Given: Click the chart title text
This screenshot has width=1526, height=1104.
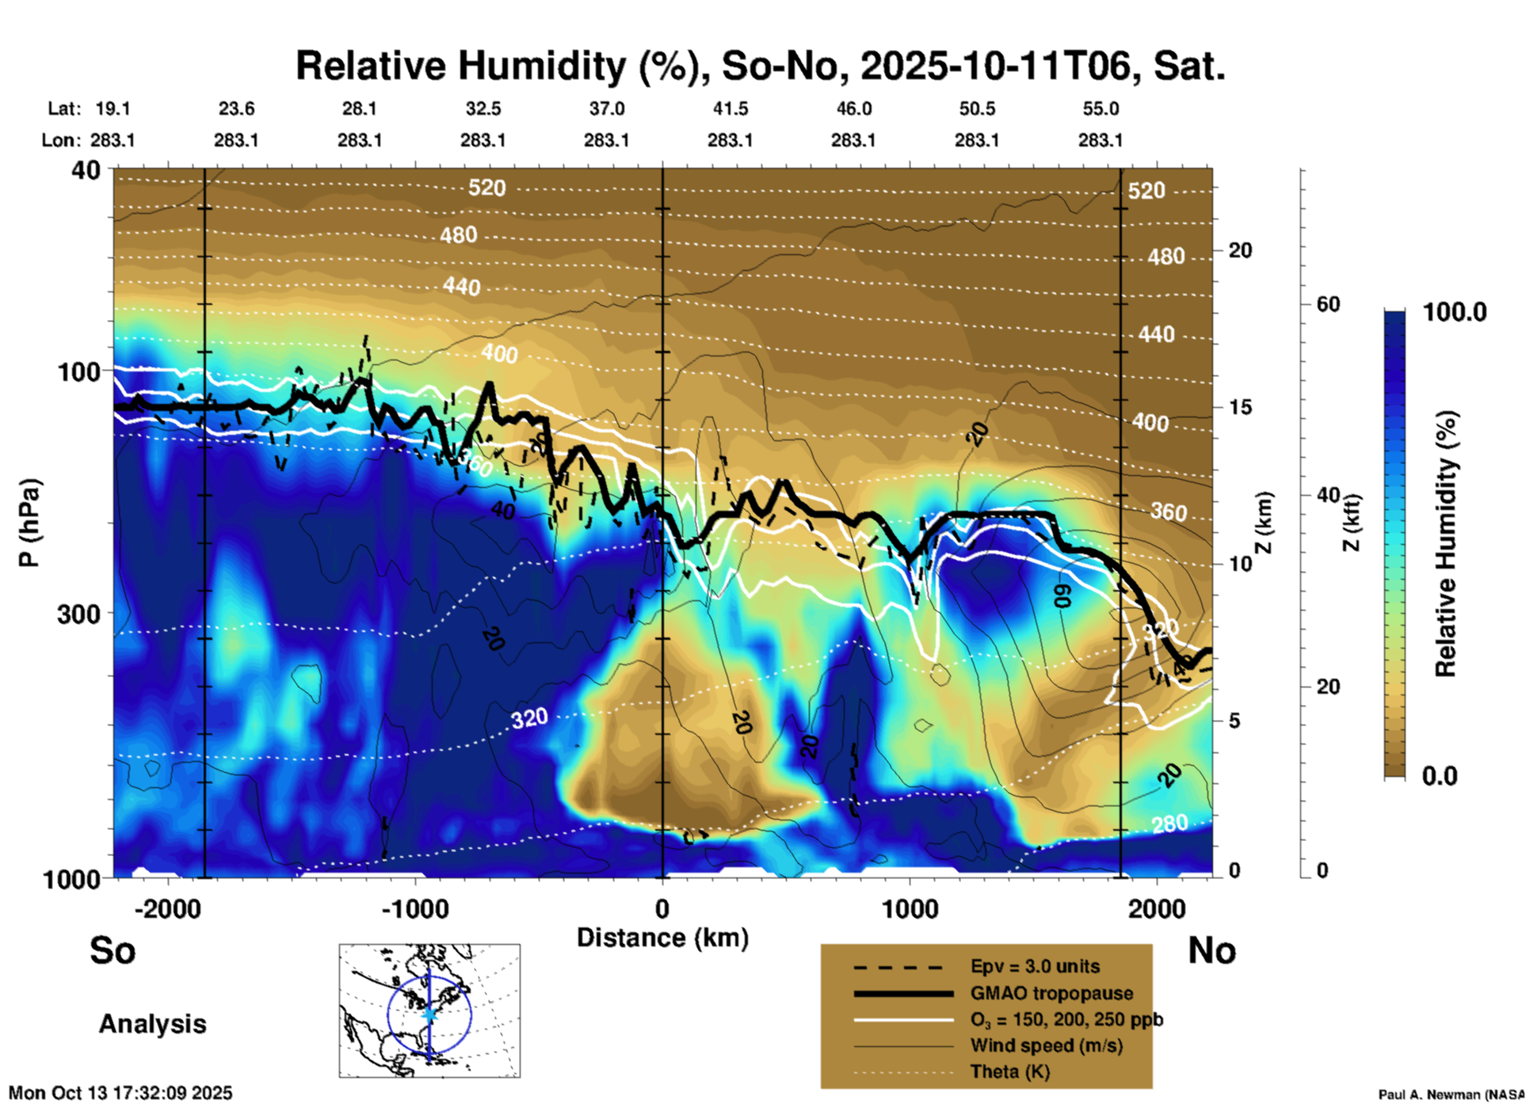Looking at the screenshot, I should pos(761,66).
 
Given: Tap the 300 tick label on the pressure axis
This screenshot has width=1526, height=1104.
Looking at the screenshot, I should pos(78,614).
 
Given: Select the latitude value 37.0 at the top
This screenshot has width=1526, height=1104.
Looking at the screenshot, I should pos(606,108).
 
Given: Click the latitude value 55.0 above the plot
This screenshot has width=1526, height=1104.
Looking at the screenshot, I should pos(1101,108).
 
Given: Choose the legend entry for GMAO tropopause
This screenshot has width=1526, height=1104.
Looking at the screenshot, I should pos(1051,993).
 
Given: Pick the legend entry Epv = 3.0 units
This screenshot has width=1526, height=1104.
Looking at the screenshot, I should pos(1035,966).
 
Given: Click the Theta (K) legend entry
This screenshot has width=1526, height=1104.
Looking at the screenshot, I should pos(1009,1072).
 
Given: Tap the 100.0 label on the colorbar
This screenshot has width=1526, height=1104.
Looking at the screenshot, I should pos(1455,312).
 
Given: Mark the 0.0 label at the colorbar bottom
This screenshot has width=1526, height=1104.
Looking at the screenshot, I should pos(1440,775).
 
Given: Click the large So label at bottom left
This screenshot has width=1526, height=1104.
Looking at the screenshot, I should pos(113,950).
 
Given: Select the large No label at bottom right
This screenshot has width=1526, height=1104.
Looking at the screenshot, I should pos(1211,950).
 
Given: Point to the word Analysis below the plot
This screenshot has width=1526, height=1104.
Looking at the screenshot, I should pos(152,1024).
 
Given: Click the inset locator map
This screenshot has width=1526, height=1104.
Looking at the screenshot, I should pos(429,1011).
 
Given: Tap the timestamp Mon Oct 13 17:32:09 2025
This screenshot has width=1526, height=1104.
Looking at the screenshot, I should pos(120,1093).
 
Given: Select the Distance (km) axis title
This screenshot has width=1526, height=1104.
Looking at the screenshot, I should pos(662,938).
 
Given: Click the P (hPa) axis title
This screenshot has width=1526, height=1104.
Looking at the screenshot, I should pos(29,523).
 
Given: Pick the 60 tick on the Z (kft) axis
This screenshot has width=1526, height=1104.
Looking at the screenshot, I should pos(1328,304).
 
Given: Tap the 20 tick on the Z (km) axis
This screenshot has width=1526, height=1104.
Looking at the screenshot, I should pos(1240,250).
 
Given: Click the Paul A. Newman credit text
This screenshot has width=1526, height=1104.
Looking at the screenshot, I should pos(1451,1094).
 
